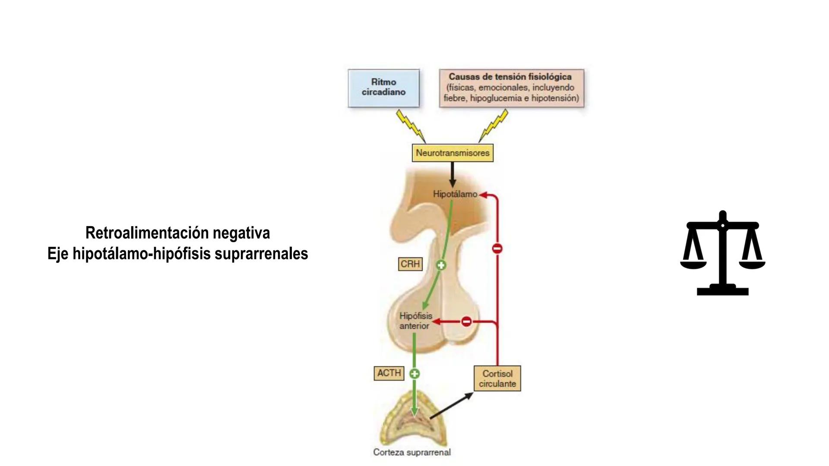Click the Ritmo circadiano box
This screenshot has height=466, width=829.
click(383, 88)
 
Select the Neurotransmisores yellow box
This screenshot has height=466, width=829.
click(452, 153)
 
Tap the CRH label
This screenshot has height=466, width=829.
click(410, 264)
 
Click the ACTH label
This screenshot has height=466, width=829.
click(389, 373)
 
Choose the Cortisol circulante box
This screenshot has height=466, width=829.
click(497, 379)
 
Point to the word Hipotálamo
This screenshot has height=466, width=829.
click(455, 194)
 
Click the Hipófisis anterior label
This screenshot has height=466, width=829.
click(415, 321)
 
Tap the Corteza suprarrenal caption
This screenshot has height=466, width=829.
click(412, 452)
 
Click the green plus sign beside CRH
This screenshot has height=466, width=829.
click(441, 265)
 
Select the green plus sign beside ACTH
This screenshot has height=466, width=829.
click(414, 374)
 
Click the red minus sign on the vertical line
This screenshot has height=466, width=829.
click(497, 249)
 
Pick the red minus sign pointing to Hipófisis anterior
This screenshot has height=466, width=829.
click(466, 321)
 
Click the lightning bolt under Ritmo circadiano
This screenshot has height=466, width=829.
click(411, 125)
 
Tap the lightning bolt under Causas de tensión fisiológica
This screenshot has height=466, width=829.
click(494, 125)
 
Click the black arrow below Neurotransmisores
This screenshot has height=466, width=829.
click(452, 174)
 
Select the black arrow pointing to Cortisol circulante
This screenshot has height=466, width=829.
click(451, 406)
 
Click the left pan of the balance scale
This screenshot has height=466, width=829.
click(693, 263)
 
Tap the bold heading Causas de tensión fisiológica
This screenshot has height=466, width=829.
click(510, 77)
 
